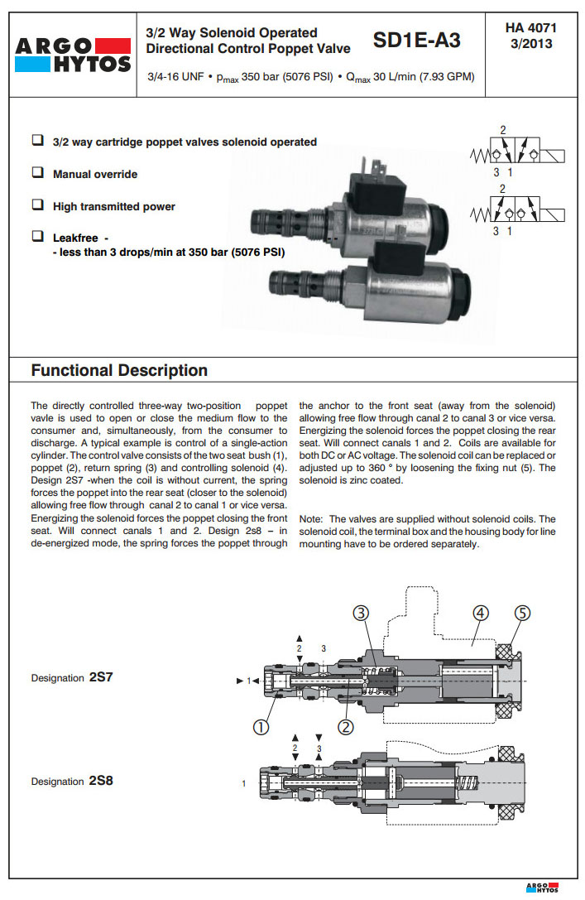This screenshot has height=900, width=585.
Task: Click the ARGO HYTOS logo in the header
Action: [x=73, y=54]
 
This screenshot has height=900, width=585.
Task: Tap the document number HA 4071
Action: [x=531, y=27]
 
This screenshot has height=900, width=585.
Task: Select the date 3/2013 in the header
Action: [x=531, y=43]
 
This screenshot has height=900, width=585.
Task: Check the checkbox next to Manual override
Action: [x=37, y=173]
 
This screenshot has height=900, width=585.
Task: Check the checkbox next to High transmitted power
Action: [x=37, y=205]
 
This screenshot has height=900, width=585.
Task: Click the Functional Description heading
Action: [x=119, y=370]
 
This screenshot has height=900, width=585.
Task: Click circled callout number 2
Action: [x=346, y=726]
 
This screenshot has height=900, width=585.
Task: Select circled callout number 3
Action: [x=361, y=614]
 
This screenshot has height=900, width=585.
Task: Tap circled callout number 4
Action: [x=482, y=614]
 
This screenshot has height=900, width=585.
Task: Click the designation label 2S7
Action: [x=99, y=676]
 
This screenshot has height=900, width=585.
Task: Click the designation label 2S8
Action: [x=99, y=781]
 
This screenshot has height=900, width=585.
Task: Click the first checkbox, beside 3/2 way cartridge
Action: [x=37, y=141]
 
